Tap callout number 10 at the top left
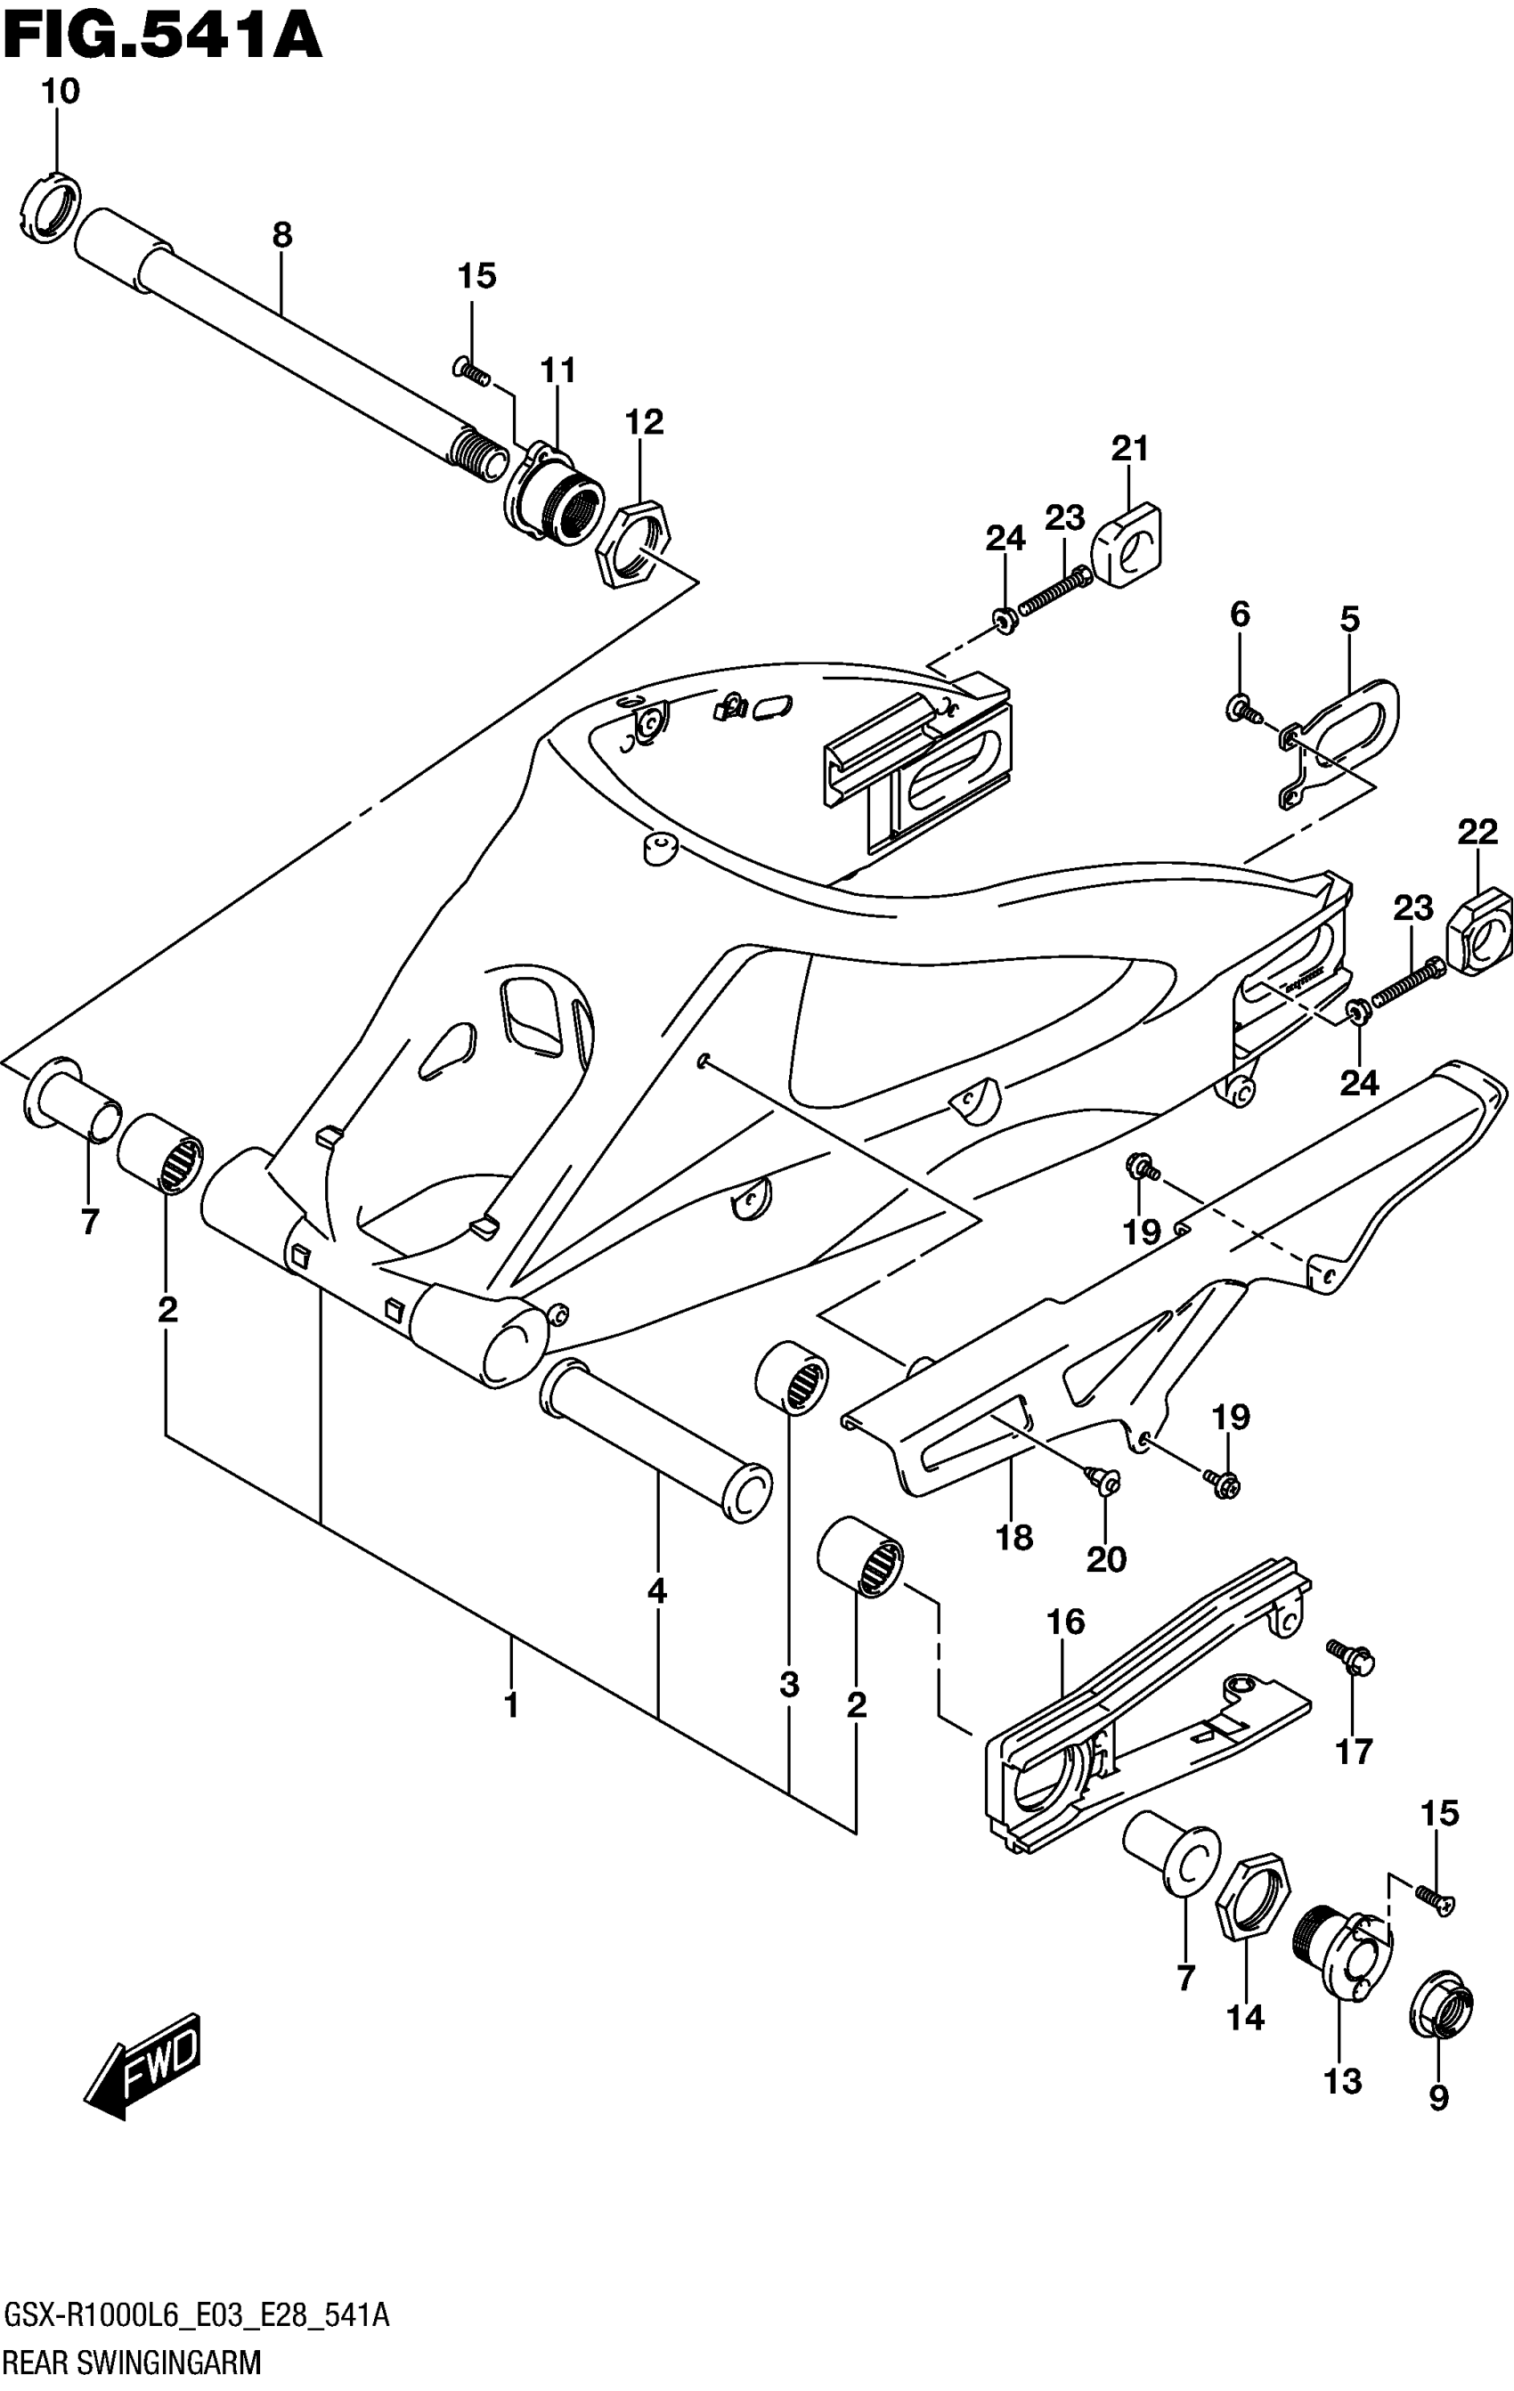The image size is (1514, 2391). [60, 92]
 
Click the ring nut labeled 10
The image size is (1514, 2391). [49, 207]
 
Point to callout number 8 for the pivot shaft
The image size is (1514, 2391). [282, 235]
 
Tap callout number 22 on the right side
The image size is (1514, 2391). [1477, 831]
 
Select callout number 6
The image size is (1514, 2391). [1240, 614]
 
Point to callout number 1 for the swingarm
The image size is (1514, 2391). [511, 1706]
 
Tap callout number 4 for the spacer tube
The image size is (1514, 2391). [657, 1591]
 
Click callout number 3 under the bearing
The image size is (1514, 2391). [789, 1685]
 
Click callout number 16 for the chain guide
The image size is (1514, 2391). [1065, 1622]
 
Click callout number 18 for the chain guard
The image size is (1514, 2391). [1014, 1538]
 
